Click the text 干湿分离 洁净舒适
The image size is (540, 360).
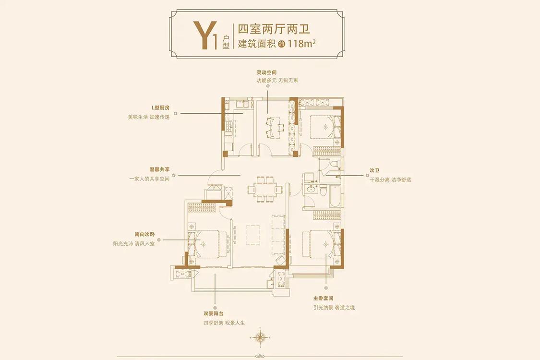point(391,180)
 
